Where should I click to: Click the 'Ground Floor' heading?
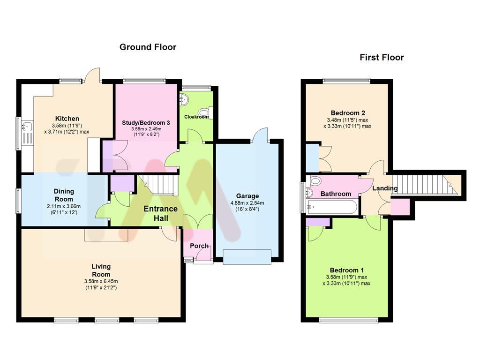(x=148, y=47)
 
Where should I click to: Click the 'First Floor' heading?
(x=382, y=58)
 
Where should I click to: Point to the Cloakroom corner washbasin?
(x=184, y=99)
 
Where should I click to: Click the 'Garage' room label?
(x=247, y=196)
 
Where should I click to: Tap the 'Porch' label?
(x=199, y=246)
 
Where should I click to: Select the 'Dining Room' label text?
(x=64, y=195)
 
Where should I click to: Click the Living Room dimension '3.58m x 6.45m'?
(x=101, y=281)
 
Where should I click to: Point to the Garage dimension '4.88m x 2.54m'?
(x=247, y=203)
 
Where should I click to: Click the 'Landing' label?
(x=385, y=188)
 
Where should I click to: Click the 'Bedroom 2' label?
(x=348, y=113)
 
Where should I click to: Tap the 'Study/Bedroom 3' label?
(x=146, y=122)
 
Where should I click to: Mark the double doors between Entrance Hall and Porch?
(x=197, y=222)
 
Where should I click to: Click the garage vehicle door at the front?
(x=247, y=257)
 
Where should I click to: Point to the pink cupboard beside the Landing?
(x=399, y=207)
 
